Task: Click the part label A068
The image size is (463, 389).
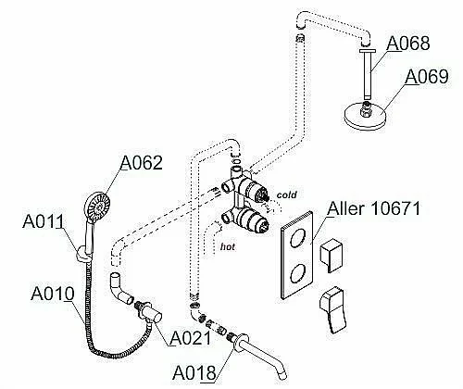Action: coord(407,44)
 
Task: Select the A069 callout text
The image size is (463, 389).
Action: coord(426,77)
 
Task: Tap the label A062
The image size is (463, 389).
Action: coord(141,163)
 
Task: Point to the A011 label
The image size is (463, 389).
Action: coord(44,221)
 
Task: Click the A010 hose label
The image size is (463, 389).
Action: coord(53,294)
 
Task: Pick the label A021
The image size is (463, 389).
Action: coord(191,338)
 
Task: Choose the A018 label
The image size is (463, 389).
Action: coord(194,373)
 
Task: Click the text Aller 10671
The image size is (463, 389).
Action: coord(374,208)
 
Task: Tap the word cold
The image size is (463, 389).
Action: coord(286,194)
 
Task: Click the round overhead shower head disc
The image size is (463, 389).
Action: coord(365,115)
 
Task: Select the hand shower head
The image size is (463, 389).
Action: coord(97,207)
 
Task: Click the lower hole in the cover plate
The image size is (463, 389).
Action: coord(298,273)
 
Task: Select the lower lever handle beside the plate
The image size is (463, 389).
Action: coord(332,309)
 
